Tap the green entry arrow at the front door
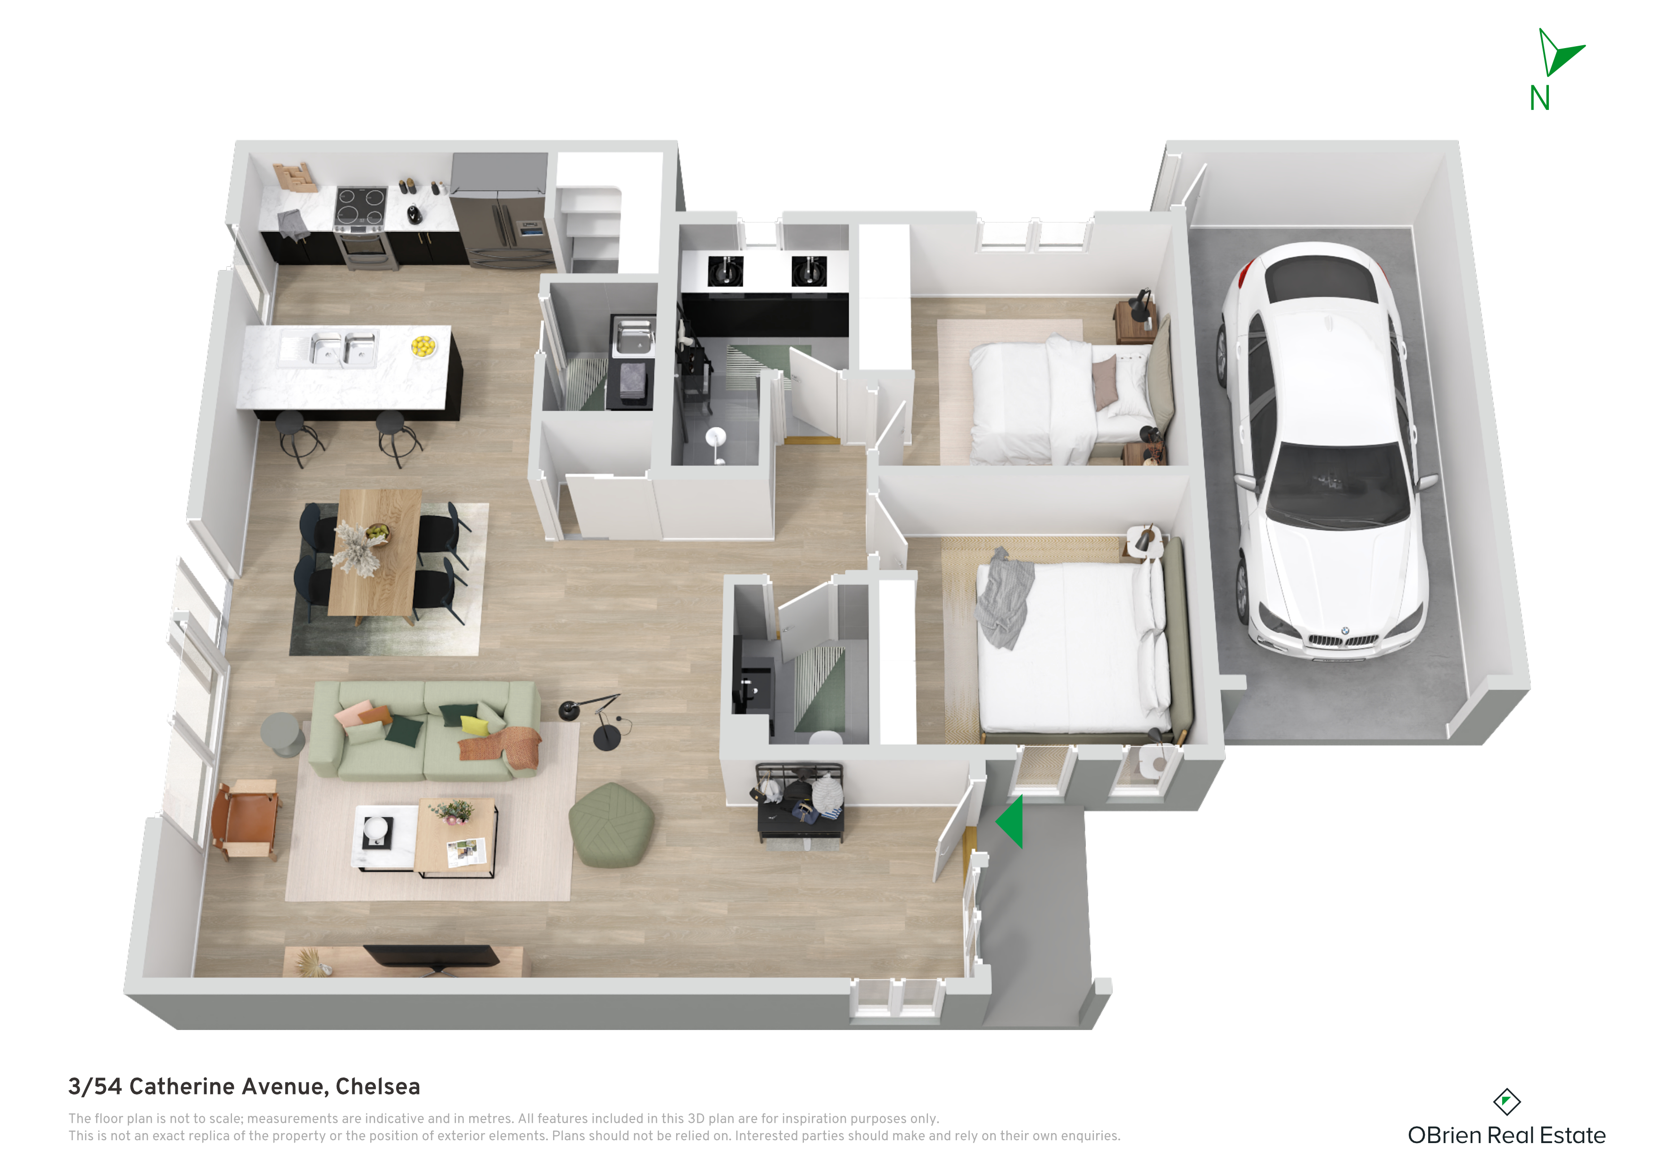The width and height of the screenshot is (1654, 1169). click(1011, 821)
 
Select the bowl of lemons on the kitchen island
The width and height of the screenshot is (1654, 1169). click(423, 346)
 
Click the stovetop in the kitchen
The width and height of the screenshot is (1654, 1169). click(361, 206)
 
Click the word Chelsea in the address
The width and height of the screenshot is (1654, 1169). click(378, 1086)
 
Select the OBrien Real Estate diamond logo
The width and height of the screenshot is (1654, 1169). click(1506, 1101)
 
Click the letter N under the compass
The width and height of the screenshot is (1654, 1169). click(1539, 98)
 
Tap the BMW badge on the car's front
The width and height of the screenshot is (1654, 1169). click(1344, 631)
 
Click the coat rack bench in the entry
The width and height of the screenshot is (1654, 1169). click(800, 804)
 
